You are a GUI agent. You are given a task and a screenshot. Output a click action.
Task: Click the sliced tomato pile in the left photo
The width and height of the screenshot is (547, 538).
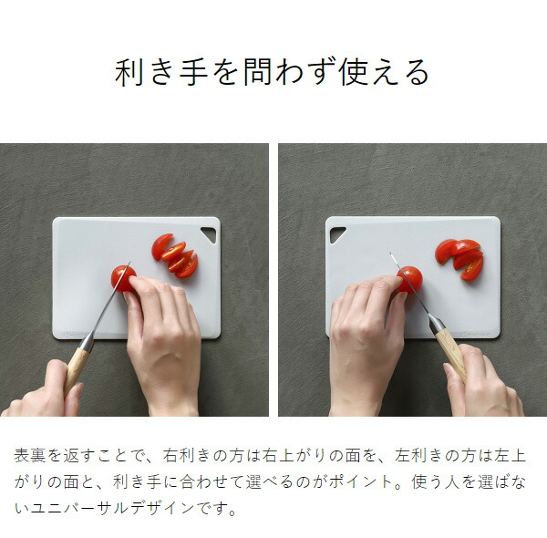pyautogui.click(x=175, y=255)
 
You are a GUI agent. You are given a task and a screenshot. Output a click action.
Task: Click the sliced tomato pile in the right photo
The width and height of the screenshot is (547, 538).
pyautogui.click(x=461, y=257)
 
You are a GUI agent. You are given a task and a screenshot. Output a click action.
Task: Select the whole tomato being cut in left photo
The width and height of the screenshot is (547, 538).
pyautogui.click(x=121, y=277)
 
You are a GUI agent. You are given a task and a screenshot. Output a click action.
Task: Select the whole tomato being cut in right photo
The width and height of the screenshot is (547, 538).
pyautogui.click(x=410, y=278)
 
